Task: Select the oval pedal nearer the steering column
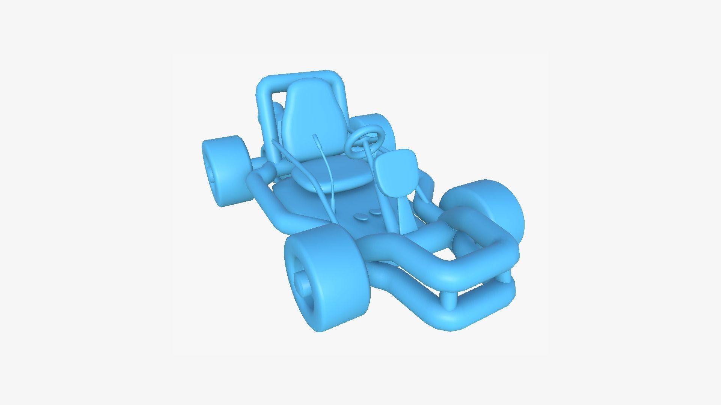coord(375,212)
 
